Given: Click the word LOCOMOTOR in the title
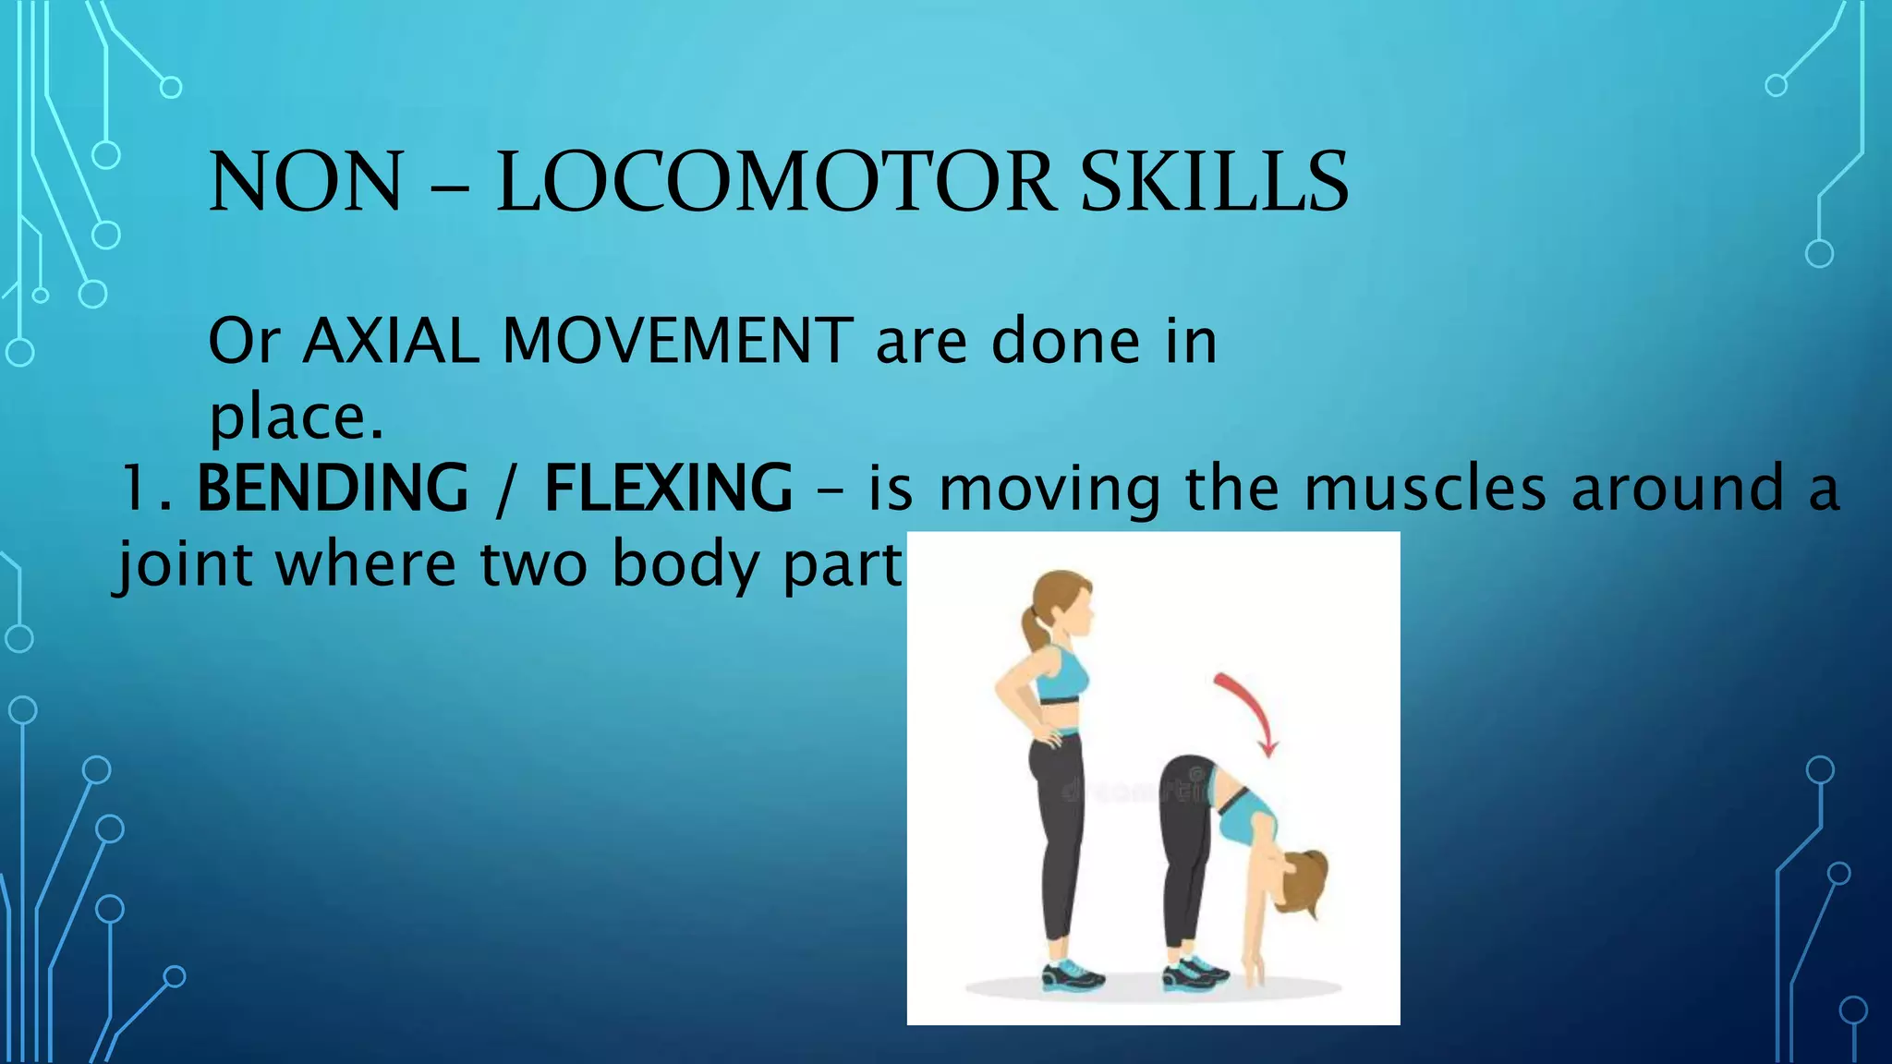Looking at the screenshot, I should [x=774, y=182].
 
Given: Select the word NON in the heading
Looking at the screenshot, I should [x=306, y=182].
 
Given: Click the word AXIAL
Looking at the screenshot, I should [x=391, y=342].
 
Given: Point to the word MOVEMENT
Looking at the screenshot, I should [x=677, y=342].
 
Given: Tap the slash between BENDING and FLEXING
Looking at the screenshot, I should [x=504, y=490].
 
